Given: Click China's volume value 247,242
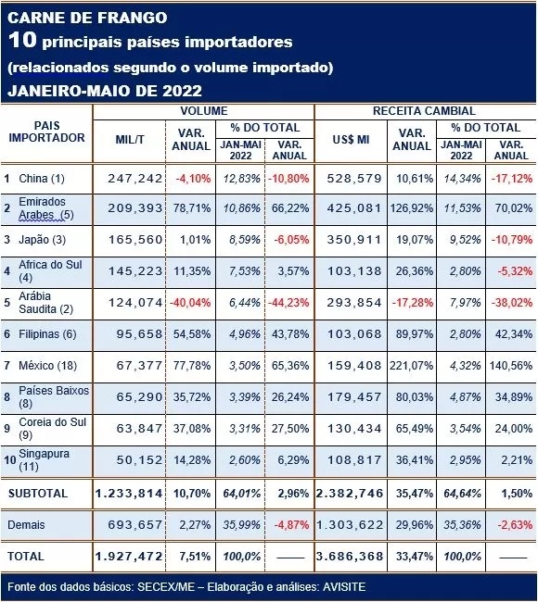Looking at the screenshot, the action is pyautogui.click(x=135, y=179).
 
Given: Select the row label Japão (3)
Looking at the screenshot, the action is pyautogui.click(x=43, y=240).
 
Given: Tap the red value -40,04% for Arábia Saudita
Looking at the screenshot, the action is pyautogui.click(x=190, y=303).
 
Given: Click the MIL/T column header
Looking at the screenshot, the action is pyautogui.click(x=130, y=139).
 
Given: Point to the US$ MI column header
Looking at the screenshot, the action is pyautogui.click(x=352, y=139).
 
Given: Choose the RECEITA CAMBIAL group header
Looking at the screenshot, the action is pyautogui.click(x=424, y=111).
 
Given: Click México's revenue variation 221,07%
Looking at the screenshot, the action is pyautogui.click(x=412, y=366).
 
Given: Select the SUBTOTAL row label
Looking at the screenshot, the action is pyautogui.click(x=38, y=494).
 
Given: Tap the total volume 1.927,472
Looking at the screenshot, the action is pyautogui.click(x=129, y=557).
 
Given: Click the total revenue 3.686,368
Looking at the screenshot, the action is pyautogui.click(x=350, y=557).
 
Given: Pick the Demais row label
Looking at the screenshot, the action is pyautogui.click(x=26, y=525).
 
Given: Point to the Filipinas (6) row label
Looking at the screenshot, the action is pyautogui.click(x=47, y=334).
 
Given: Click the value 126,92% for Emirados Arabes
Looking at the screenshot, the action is pyautogui.click(x=412, y=208).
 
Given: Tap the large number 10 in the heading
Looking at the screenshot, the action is pyautogui.click(x=22, y=40).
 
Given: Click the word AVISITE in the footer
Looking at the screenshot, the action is pyautogui.click(x=344, y=587).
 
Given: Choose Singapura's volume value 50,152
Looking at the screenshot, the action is pyautogui.click(x=139, y=460).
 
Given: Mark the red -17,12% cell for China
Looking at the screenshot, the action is pyautogui.click(x=512, y=179).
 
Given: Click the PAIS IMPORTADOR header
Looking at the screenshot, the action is pyautogui.click(x=46, y=132).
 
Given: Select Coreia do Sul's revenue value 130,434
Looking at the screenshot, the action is pyautogui.click(x=354, y=429).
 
